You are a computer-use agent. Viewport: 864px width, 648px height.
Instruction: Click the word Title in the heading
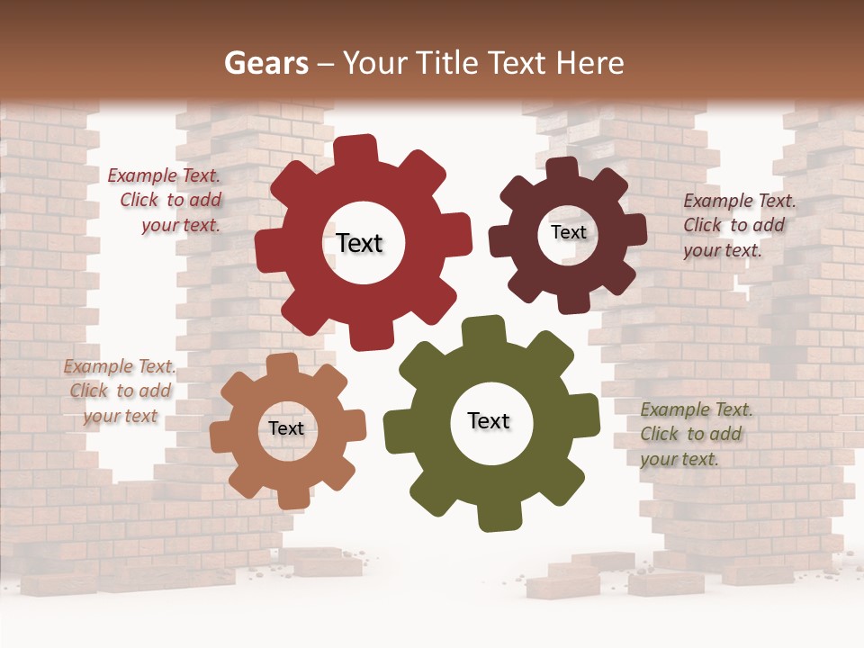[x=449, y=63]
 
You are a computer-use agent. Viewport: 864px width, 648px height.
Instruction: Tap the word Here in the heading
[x=590, y=63]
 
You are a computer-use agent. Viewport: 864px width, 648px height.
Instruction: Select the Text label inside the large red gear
[x=359, y=243]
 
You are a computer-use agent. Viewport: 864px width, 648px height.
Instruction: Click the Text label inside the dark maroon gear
[x=568, y=232]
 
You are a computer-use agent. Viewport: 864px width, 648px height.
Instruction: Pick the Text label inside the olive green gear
[x=489, y=420]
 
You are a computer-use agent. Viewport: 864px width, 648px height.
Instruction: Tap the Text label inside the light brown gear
[x=286, y=428]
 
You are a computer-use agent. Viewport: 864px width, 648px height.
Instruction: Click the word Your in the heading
[x=375, y=63]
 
